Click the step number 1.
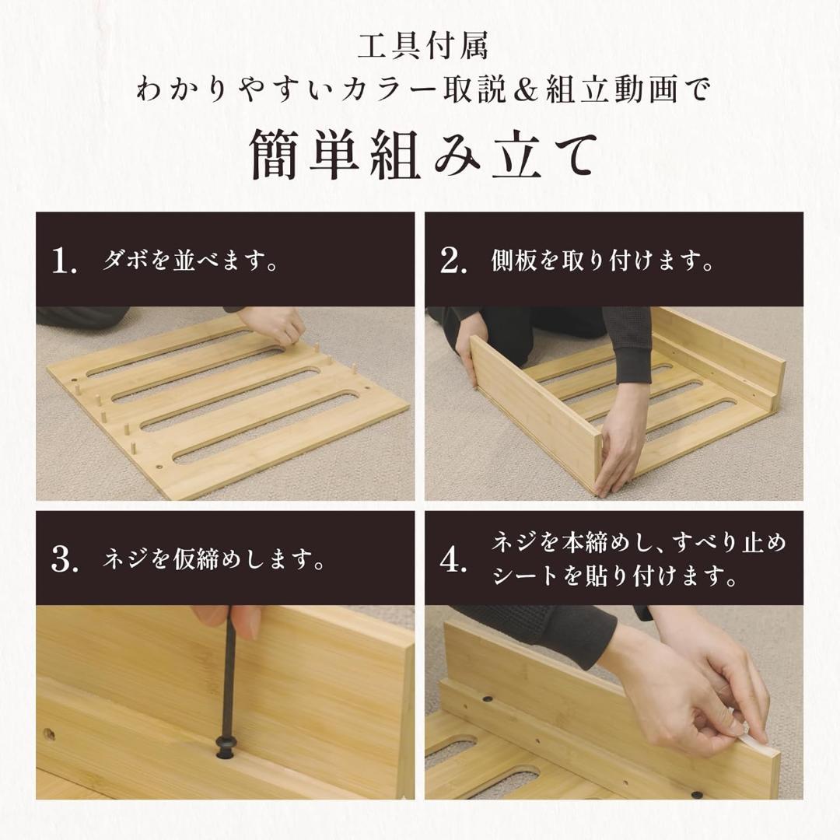[64, 262]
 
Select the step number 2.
[453, 262]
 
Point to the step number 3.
[64, 560]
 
